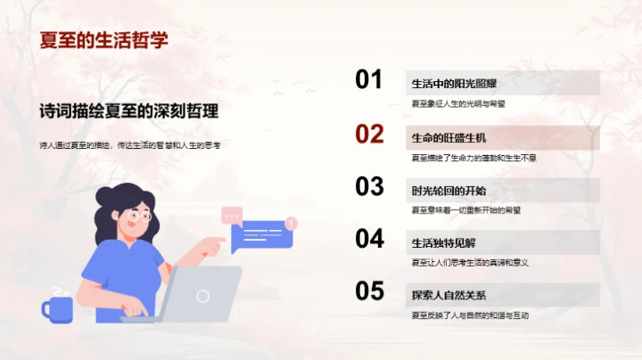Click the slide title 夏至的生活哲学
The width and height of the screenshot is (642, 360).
(104, 40)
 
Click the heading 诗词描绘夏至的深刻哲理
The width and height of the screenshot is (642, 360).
(129, 112)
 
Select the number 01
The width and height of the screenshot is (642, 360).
(369, 80)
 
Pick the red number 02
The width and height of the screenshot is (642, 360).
(369, 134)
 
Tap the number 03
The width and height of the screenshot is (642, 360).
(369, 186)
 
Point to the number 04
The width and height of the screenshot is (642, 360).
(369, 239)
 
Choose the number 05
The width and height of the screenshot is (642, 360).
(369, 291)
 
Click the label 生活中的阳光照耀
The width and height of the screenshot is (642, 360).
(455, 85)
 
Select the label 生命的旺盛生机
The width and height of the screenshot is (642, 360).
(449, 138)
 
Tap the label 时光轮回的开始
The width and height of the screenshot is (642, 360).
(449, 191)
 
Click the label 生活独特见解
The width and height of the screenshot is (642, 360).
(443, 242)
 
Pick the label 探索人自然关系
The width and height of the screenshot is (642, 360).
(449, 295)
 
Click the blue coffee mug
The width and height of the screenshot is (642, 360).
(58, 308)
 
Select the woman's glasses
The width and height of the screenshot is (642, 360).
(139, 215)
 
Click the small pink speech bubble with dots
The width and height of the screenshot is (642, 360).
(232, 215)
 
